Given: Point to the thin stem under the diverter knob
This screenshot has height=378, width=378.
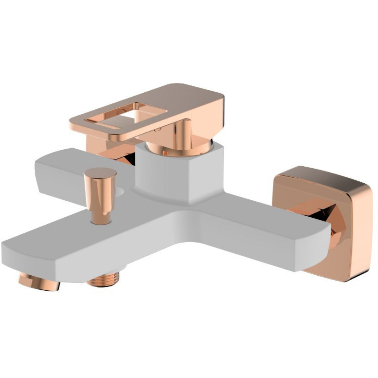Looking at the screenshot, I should (x=100, y=217).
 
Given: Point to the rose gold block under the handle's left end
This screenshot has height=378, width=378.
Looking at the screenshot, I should (x=94, y=145).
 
